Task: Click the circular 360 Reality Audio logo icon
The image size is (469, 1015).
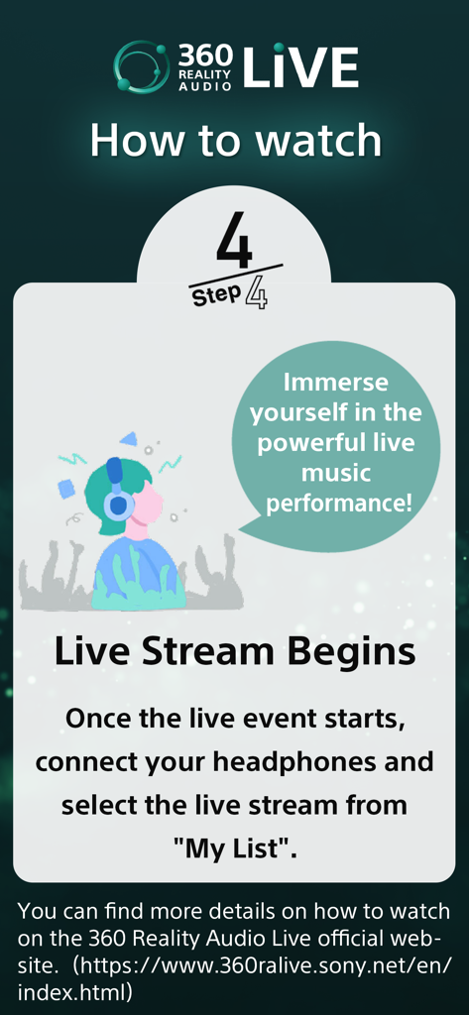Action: coord(141,67)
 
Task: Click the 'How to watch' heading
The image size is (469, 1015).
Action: coord(235,141)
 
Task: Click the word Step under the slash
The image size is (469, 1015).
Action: coord(216,295)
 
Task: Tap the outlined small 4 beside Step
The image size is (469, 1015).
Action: coord(256,293)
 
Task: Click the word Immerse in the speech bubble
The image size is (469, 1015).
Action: coord(335,382)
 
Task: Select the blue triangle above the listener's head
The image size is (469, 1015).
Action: coord(128,438)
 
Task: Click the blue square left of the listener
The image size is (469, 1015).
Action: coord(66,489)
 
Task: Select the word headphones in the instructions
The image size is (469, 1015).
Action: coord(354,761)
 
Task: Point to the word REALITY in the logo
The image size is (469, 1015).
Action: coord(205,74)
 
